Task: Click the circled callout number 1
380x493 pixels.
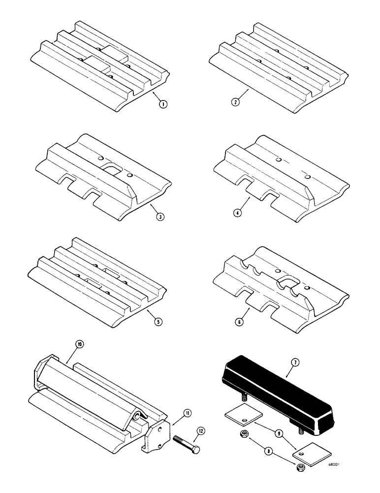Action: tap(161, 104)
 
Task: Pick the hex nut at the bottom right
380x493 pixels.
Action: tap(300, 466)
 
